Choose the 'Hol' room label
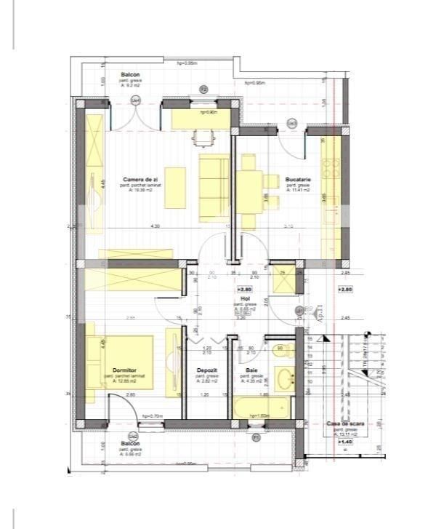click(x=247, y=298)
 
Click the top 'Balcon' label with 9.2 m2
click(x=130, y=74)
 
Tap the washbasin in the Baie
click(x=286, y=379)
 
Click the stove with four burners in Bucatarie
click(x=333, y=169)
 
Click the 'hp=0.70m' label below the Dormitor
click(x=151, y=416)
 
